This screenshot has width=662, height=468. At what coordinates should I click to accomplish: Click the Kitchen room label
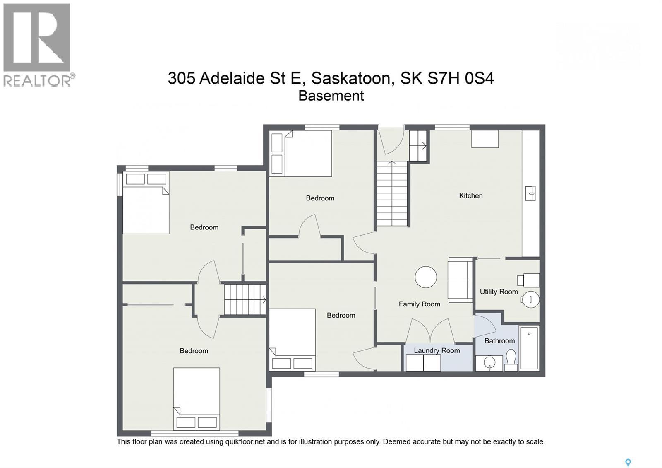[470, 196]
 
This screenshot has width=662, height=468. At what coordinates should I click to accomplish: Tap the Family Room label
[419, 304]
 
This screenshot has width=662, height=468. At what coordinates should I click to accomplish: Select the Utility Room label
[499, 292]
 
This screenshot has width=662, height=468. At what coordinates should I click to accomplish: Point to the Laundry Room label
[437, 351]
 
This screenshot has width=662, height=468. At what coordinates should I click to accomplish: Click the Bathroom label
[499, 341]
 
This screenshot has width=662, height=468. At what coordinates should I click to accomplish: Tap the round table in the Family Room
[426, 277]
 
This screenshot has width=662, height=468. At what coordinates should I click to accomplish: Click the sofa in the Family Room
[460, 280]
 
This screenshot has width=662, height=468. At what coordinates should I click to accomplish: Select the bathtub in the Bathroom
[529, 348]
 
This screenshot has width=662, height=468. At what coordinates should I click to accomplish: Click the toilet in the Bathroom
[511, 359]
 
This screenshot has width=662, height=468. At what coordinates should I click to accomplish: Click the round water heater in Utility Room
[530, 299]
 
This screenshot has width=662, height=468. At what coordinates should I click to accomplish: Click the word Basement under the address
[331, 96]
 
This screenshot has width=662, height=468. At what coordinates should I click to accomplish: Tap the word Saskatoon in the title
[351, 78]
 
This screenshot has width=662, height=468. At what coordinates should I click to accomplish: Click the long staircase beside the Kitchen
[392, 193]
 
